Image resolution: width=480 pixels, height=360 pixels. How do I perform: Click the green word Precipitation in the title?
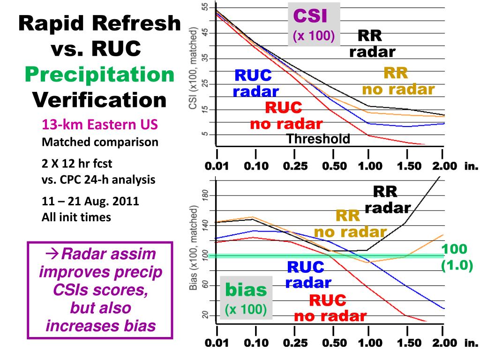(99, 74)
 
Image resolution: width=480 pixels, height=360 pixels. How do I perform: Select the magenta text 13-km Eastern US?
(99, 125)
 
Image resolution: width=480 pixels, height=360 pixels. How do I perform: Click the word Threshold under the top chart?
(318, 139)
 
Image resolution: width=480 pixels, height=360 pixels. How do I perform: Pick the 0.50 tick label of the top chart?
(334, 166)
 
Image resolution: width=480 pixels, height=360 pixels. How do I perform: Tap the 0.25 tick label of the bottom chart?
(295, 343)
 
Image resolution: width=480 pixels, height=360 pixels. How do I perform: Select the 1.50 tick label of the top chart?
(410, 166)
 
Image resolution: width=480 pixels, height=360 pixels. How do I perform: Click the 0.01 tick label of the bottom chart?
(217, 343)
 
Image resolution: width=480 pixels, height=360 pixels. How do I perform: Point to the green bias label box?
(246, 298)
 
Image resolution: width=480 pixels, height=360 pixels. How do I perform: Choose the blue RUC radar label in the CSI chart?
(255, 83)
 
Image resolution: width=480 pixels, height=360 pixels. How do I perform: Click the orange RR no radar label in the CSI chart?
(398, 81)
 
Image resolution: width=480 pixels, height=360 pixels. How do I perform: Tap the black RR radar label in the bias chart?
(387, 200)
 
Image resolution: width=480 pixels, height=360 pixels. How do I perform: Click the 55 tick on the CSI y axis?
(204, 7)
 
